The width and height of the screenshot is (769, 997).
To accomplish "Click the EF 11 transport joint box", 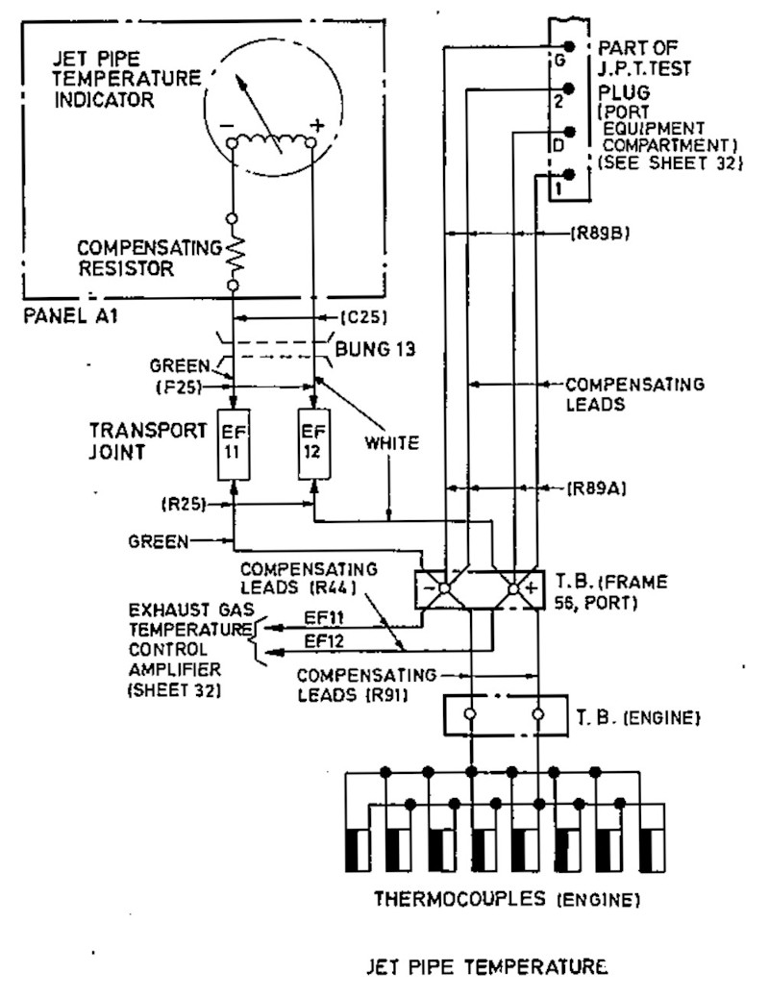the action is tap(234, 444).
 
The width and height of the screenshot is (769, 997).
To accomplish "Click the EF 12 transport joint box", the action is tap(314, 444).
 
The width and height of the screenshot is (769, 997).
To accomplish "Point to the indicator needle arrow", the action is tap(260, 115).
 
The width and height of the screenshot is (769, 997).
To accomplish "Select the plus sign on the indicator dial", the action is tap(316, 125).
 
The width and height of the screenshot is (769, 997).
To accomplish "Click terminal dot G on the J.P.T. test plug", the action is tap(569, 46).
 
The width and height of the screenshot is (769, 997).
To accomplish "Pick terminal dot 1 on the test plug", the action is tap(569, 174).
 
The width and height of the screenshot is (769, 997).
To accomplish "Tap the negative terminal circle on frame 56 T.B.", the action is tap(444, 588).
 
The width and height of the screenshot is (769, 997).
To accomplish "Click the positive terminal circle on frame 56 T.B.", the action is tap(514, 588).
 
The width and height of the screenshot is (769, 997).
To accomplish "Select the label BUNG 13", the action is tap(375, 348).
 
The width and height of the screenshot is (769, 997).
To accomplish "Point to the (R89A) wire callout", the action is tap(597, 488).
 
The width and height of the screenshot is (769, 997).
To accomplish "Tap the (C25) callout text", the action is tap(364, 316).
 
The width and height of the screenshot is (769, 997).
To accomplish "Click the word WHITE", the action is tap(392, 443).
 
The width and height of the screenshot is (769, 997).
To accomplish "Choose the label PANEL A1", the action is tap(70, 315).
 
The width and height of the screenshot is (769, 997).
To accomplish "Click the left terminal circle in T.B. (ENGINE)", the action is tap(470, 714).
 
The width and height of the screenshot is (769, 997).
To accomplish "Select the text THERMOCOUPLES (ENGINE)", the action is tap(508, 899).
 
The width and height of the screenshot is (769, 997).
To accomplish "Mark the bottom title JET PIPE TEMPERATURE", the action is tap(486, 967).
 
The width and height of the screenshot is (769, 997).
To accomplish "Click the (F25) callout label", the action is tap(179, 386).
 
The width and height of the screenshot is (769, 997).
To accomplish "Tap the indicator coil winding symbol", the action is tap(271, 140).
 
